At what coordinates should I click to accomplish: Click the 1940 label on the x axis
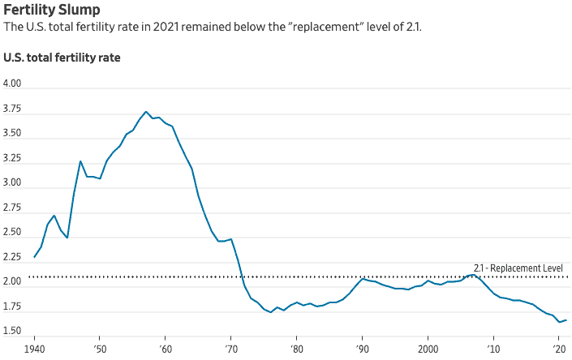[x=34, y=347]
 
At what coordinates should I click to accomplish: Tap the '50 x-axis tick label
[x=99, y=347]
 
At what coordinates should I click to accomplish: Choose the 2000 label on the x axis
[x=428, y=347]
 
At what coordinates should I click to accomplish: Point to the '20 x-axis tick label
[x=559, y=347]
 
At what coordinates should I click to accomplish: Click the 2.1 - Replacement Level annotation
[x=518, y=268]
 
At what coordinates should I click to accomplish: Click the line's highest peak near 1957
[x=146, y=112]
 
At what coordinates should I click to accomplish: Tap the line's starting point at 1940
[x=34, y=257]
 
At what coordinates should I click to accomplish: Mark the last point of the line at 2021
[x=566, y=320]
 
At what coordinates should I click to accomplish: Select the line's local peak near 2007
[x=473, y=275]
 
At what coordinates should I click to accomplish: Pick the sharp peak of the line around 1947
[x=80, y=161]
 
